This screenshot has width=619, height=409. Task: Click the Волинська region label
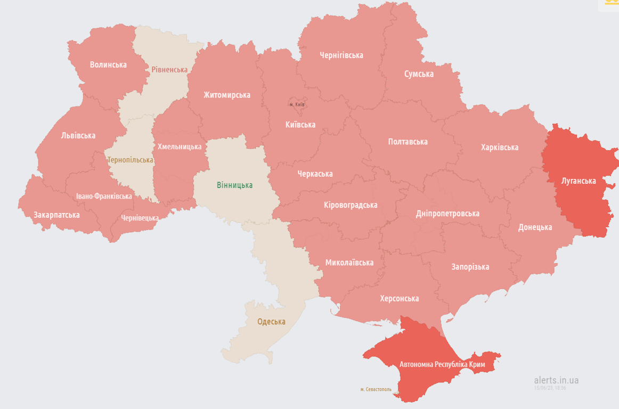(108, 65)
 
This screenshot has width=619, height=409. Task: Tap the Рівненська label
(169, 70)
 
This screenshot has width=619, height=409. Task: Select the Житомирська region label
(227, 95)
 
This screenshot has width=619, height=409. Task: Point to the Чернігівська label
(341, 55)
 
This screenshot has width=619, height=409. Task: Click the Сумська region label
(419, 74)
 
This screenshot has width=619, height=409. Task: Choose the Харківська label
(499, 148)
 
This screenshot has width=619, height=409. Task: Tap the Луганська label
(579, 181)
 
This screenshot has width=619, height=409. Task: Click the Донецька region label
(535, 227)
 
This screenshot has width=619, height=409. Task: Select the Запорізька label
(470, 267)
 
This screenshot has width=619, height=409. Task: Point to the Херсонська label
(399, 299)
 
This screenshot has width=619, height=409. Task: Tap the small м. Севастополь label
(376, 389)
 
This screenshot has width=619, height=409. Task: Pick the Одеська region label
(271, 322)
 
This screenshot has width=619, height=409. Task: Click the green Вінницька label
(234, 185)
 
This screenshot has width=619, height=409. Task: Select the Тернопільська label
(130, 160)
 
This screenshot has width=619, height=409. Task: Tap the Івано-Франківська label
(104, 197)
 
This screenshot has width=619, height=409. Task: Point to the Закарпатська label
(56, 215)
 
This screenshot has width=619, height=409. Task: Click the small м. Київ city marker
(297, 104)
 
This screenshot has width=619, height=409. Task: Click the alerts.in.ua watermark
(556, 380)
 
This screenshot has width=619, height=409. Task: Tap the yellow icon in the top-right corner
(610, 3)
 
